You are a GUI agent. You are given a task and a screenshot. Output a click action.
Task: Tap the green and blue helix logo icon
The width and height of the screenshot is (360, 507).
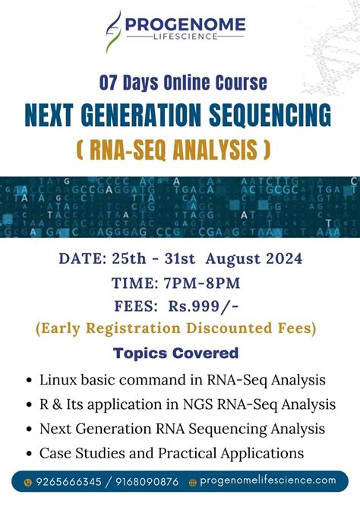click(113, 31)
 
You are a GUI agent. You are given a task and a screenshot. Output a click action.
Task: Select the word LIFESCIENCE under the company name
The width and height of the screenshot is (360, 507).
click(185, 39)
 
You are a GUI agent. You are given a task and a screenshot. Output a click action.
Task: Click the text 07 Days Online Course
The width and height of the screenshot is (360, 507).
click(183, 82)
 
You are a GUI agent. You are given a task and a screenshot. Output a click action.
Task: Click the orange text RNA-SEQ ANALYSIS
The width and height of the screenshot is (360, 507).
click(173, 150)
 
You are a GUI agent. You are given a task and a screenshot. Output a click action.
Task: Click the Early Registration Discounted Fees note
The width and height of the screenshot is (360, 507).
click(175, 328)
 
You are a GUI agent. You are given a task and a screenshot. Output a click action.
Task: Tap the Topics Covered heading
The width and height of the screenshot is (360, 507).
click(175, 353)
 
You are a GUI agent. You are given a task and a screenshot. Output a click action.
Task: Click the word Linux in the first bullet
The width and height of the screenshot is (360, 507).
click(58, 379)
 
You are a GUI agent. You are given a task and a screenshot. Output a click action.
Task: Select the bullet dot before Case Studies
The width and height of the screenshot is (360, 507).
click(29, 455)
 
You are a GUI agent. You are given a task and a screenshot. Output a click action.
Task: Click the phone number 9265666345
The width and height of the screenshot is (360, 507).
click(67, 481)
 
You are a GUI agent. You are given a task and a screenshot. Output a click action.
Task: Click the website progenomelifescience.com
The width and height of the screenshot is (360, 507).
click(268, 480)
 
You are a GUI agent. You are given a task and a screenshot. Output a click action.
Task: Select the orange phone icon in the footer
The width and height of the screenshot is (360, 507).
click(28, 481)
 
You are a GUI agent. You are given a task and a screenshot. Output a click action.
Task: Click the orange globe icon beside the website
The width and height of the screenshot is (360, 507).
click(193, 481)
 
